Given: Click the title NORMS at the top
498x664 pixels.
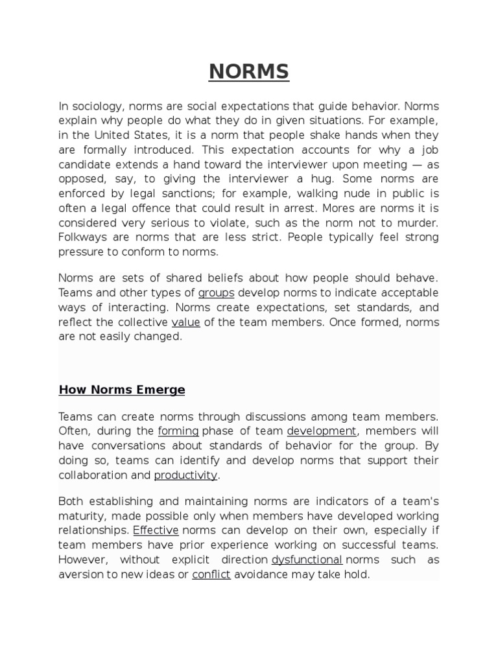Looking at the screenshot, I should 248,72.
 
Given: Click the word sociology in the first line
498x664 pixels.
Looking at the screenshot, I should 96,106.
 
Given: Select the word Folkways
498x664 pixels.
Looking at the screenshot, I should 82,237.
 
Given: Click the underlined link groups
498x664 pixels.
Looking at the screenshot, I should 217,293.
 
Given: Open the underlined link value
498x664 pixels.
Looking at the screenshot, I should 185,322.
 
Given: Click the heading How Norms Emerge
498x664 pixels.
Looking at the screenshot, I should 122,390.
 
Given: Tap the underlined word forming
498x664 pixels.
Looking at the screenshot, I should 178,431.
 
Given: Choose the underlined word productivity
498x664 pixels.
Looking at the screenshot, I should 185,475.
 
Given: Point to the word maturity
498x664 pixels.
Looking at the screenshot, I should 81,516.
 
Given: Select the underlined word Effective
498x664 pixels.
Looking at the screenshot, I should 156,531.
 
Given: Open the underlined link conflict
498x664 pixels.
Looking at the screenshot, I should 211,575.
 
